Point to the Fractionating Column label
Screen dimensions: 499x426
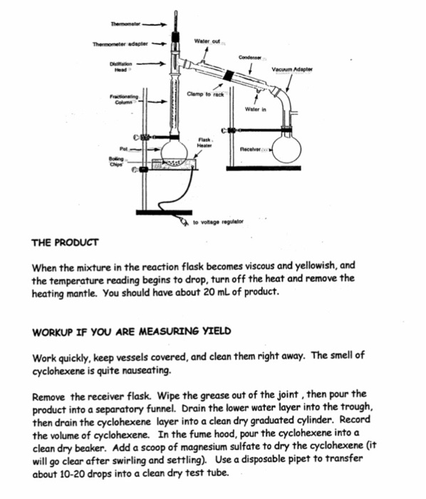tap(123, 99)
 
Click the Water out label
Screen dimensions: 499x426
tap(207, 41)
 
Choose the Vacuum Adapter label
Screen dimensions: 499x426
tap(292, 69)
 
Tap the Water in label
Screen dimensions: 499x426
tap(255, 110)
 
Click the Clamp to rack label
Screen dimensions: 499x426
tap(205, 94)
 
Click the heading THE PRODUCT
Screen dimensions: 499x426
tap(66, 242)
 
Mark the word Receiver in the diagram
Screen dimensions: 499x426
tap(254, 150)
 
